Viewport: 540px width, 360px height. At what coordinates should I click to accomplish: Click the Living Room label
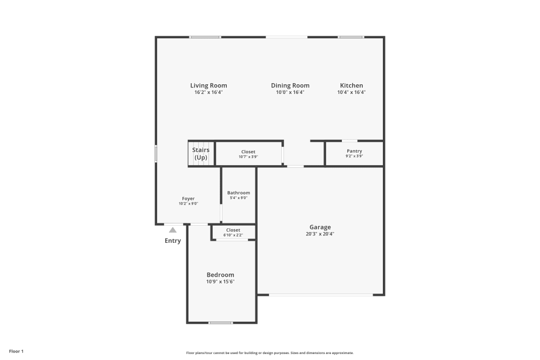(208, 85)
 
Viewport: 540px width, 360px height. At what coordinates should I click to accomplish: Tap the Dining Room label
(290, 85)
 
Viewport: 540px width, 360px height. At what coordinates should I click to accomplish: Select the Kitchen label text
(351, 85)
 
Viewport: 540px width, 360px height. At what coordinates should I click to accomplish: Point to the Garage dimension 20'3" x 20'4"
(320, 234)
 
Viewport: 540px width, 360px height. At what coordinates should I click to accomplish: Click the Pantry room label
(354, 151)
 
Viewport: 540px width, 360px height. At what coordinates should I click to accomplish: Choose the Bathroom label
(238, 193)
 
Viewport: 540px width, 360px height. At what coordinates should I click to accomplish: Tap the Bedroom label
(220, 275)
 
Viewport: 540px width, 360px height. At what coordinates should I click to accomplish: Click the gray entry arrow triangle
(173, 230)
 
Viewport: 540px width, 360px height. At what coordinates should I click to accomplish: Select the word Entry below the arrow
(173, 241)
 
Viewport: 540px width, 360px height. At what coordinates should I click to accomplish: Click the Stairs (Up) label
(201, 154)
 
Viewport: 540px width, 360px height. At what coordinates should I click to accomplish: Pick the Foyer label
(188, 199)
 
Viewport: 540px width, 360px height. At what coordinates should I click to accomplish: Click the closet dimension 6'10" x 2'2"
(233, 235)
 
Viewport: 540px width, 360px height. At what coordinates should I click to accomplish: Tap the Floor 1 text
(16, 351)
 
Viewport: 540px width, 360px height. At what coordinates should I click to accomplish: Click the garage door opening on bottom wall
(320, 295)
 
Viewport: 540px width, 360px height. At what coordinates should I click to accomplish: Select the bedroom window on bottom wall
(220, 323)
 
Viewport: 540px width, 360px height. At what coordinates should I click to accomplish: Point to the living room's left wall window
(156, 154)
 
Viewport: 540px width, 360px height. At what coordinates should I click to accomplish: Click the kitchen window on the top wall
(351, 37)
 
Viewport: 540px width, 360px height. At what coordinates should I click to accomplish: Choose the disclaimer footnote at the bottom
(270, 352)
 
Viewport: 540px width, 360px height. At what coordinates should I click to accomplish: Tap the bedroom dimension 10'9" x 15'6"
(220, 282)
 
